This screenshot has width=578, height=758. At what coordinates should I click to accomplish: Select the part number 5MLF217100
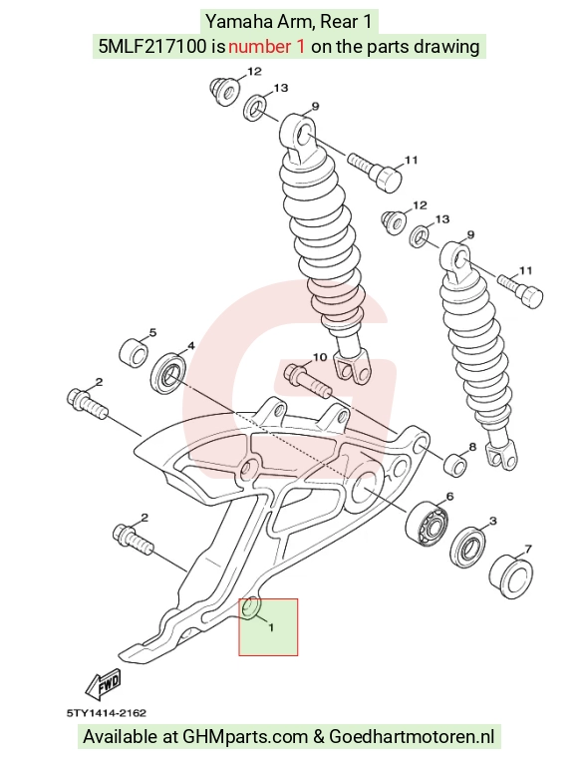click(154, 47)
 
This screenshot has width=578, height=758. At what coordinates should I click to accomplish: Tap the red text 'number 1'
click(266, 47)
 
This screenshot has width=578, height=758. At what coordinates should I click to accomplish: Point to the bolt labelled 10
click(307, 381)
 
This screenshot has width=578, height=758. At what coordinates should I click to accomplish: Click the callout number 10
click(320, 357)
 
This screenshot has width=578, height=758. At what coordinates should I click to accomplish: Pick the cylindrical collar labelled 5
click(134, 353)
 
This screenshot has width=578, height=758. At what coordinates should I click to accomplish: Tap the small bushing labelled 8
click(455, 464)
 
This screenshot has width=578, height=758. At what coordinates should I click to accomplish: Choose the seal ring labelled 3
click(467, 545)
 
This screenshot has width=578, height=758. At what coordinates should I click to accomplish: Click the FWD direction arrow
click(104, 683)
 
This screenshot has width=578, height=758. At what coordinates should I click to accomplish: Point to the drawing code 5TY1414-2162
click(107, 712)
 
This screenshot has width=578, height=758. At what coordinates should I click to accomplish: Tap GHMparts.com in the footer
click(245, 737)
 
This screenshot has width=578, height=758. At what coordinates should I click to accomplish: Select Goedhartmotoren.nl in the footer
click(412, 737)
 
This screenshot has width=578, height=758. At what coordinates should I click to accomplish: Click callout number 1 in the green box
click(271, 627)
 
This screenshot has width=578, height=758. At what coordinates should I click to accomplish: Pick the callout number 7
click(528, 550)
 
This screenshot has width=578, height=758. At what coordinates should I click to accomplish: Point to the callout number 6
click(449, 497)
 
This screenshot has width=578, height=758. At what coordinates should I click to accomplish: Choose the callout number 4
click(190, 346)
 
